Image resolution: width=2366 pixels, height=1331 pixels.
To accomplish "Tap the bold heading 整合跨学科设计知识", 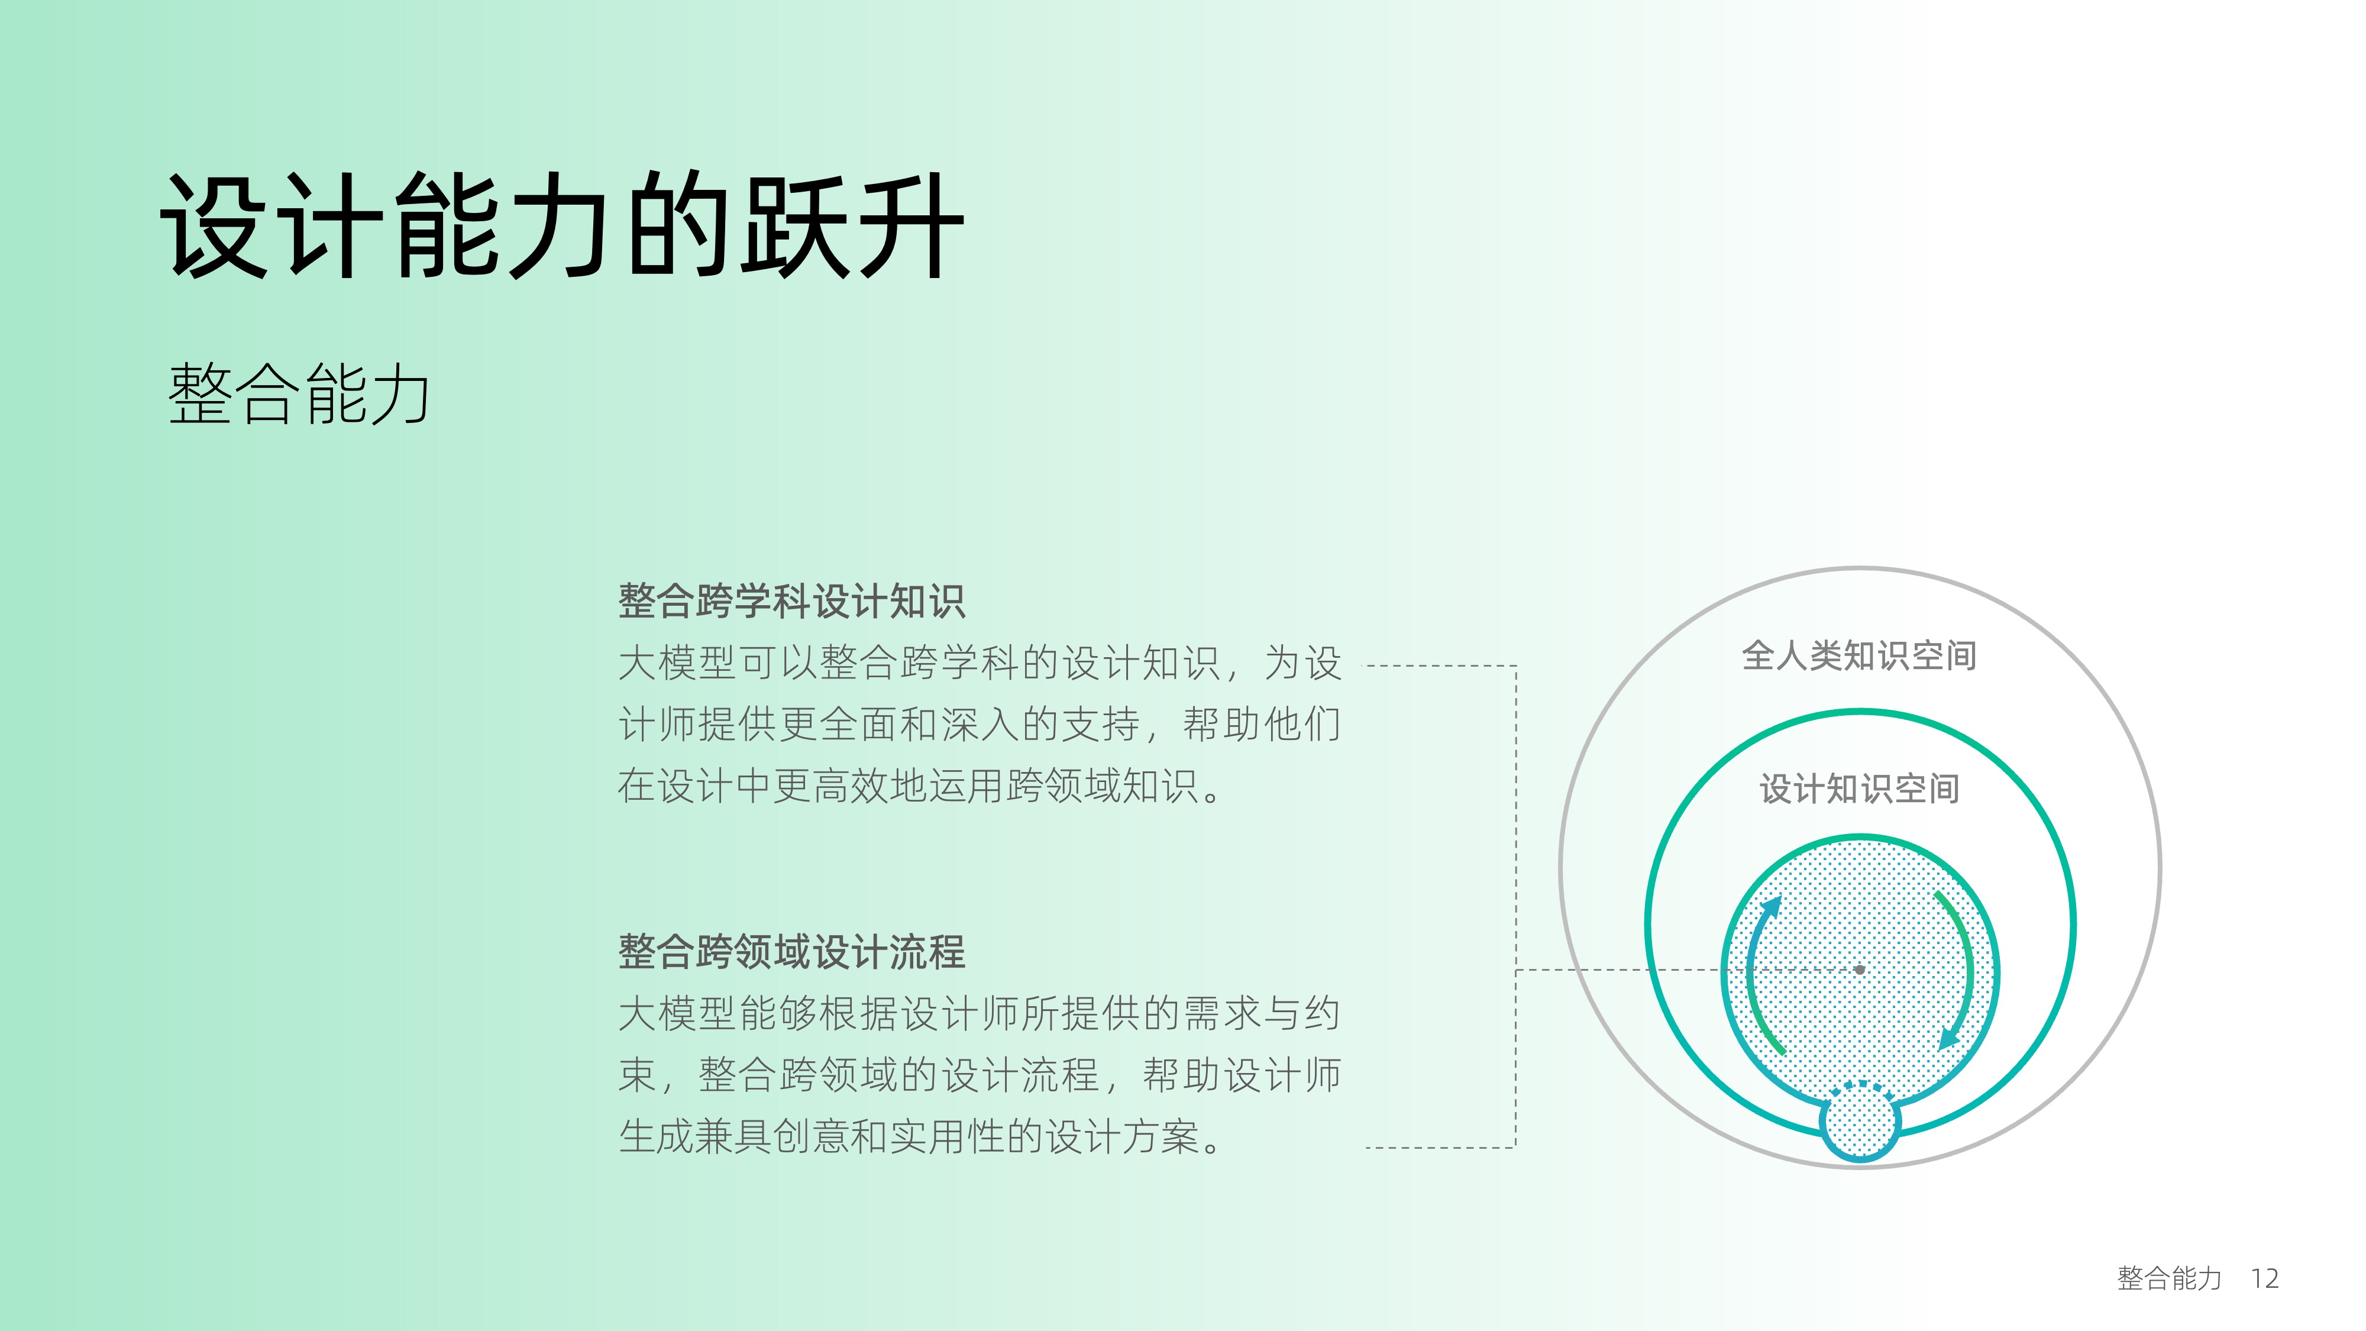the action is [792, 602].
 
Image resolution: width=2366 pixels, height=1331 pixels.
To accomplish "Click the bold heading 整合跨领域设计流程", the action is [792, 952].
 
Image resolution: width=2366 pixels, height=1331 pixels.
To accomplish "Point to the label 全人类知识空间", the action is [1859, 656].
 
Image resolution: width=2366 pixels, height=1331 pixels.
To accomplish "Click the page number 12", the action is [2265, 1278].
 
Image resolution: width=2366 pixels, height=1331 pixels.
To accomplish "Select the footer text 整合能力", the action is [2170, 1278].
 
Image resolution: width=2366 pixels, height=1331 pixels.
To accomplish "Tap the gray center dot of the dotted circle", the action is [1860, 969].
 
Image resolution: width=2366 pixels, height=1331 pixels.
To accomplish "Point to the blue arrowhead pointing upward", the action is [1771, 907].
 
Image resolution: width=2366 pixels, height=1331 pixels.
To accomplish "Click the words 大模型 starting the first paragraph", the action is [677, 663].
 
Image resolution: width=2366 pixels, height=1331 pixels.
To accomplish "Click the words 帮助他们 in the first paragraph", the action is [1262, 724].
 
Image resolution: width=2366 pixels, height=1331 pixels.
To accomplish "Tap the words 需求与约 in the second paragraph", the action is [1262, 1013].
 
